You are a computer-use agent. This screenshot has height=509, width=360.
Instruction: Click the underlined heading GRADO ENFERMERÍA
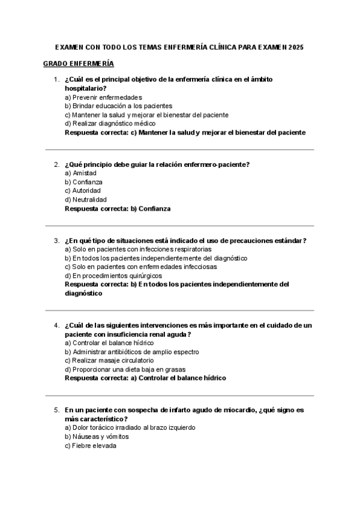click(79, 64)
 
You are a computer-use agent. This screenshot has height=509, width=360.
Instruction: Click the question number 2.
click(56, 164)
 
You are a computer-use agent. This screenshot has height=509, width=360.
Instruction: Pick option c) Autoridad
click(83, 190)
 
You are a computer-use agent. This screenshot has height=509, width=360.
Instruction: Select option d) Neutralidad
click(86, 199)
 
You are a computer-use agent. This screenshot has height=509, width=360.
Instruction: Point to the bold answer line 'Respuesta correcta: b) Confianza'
click(118, 208)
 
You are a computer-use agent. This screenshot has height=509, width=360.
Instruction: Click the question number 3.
click(56, 241)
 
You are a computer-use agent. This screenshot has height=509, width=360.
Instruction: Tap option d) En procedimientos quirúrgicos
click(113, 276)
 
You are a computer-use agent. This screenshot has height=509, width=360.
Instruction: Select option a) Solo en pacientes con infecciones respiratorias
click(138, 249)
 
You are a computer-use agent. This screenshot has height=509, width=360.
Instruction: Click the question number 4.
click(56, 325)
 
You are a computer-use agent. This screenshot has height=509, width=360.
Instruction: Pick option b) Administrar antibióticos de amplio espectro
click(132, 352)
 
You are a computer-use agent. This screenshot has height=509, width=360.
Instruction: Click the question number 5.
click(56, 410)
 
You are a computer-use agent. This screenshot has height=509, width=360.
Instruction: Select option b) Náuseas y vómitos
click(97, 437)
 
